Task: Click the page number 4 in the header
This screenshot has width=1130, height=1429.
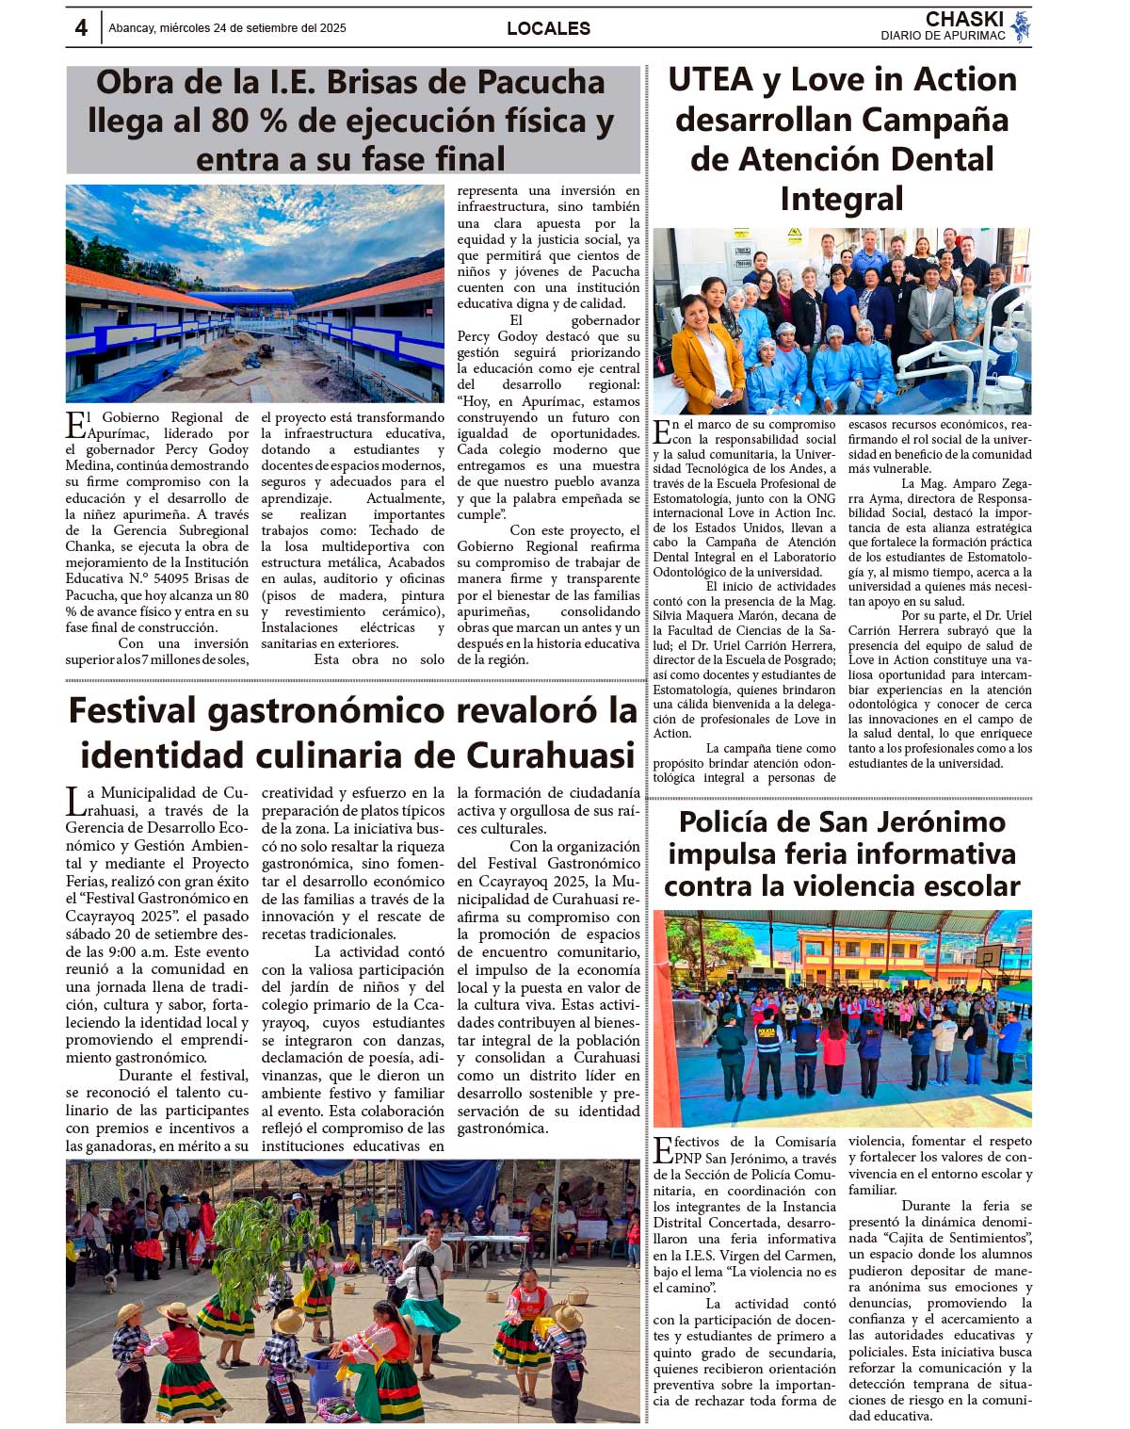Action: (x=81, y=28)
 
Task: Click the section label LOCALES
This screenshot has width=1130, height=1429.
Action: (x=548, y=28)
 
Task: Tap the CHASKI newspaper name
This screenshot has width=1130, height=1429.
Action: (x=964, y=20)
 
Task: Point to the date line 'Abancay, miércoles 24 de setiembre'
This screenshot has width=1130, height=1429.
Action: (x=227, y=28)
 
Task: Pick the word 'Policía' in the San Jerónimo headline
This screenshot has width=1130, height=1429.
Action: (x=734, y=821)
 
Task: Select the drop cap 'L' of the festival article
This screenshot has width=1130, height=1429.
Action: (x=75, y=801)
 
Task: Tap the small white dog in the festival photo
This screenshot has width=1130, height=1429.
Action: (x=111, y=1280)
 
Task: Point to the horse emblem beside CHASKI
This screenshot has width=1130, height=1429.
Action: (x=1020, y=26)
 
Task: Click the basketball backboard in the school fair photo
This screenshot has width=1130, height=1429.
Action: (x=988, y=957)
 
